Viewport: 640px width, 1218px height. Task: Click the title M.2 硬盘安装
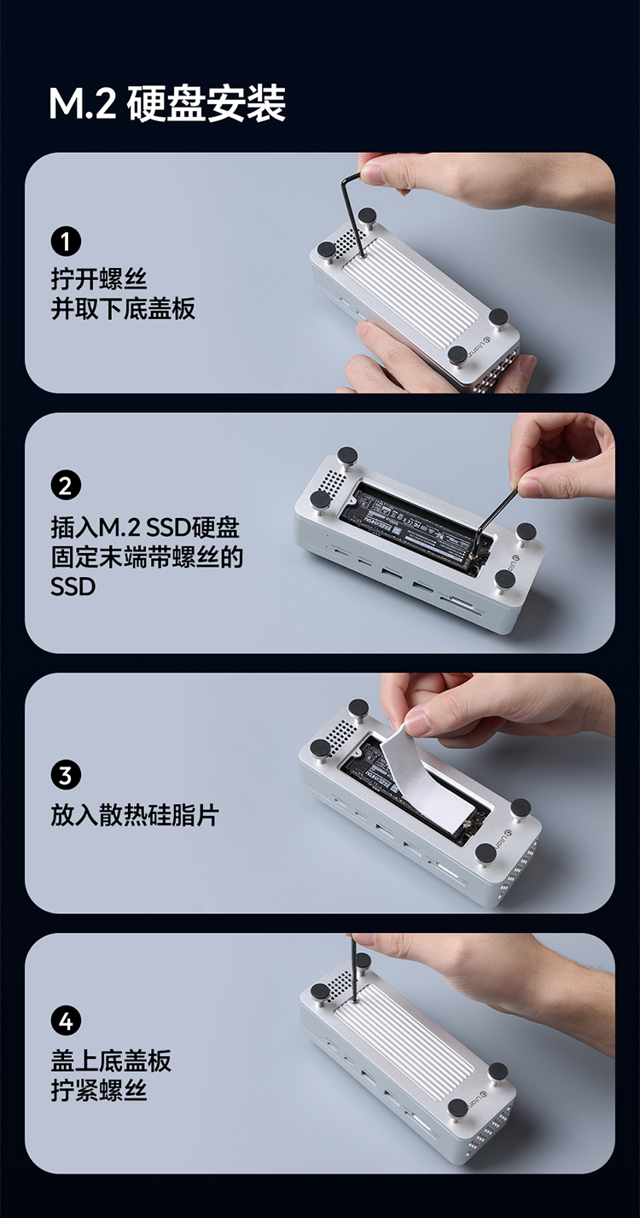[x=167, y=103]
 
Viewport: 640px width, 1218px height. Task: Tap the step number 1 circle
[x=66, y=242]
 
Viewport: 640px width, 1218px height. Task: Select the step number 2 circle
[x=66, y=487]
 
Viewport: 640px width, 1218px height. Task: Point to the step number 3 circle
[x=66, y=775]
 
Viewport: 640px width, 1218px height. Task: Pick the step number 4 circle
[x=66, y=1022]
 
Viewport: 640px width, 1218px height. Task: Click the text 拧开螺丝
[x=99, y=279]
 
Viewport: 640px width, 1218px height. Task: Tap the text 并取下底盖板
[x=123, y=309]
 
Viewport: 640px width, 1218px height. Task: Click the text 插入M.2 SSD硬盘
[x=145, y=527]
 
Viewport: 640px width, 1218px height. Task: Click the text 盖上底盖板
[x=111, y=1060]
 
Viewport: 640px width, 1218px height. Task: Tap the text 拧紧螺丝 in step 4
[x=99, y=1090]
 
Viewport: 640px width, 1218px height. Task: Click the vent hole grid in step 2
[x=335, y=479]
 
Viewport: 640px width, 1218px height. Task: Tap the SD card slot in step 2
[x=462, y=603]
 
